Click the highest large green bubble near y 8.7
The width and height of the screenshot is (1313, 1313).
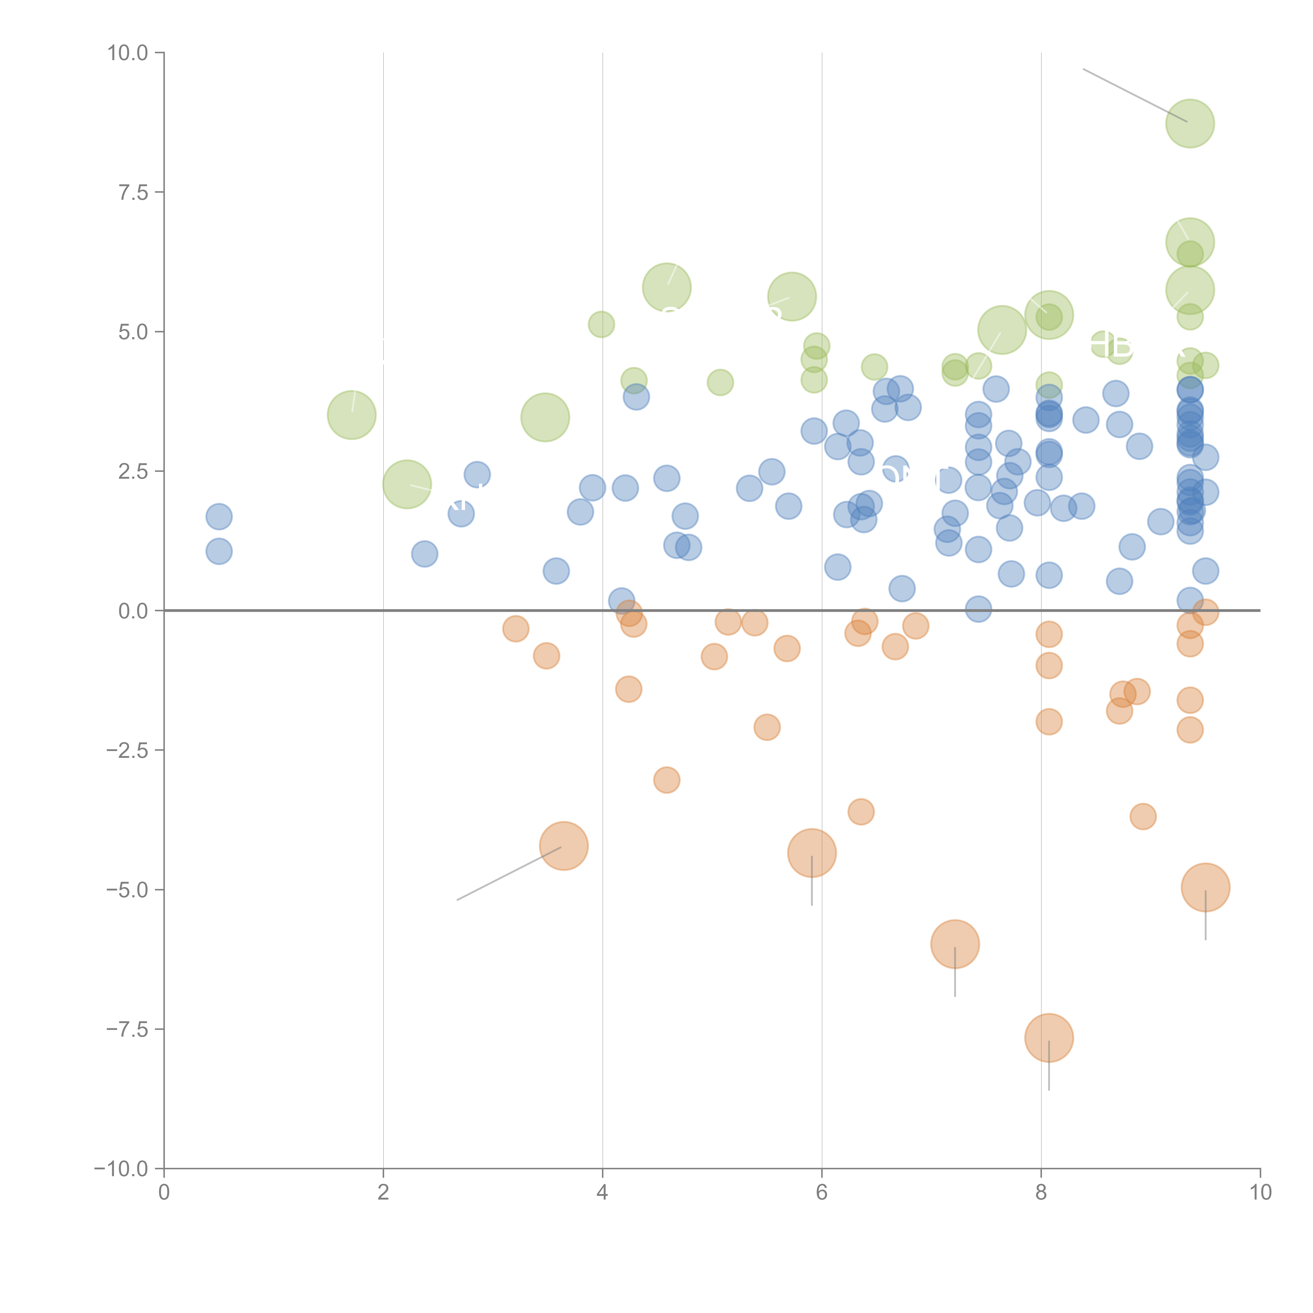click(x=1190, y=123)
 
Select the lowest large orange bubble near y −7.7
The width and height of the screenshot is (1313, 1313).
click(x=1049, y=1038)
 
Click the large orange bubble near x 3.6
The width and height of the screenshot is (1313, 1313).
click(x=563, y=845)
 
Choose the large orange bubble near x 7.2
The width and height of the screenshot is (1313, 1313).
click(x=955, y=944)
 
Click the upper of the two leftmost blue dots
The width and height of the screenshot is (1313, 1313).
click(x=219, y=517)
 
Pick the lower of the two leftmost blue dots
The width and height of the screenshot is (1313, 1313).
click(x=219, y=551)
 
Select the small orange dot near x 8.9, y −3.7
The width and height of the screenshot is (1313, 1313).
click(x=1143, y=816)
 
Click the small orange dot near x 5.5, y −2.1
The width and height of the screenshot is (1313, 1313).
click(x=767, y=727)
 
